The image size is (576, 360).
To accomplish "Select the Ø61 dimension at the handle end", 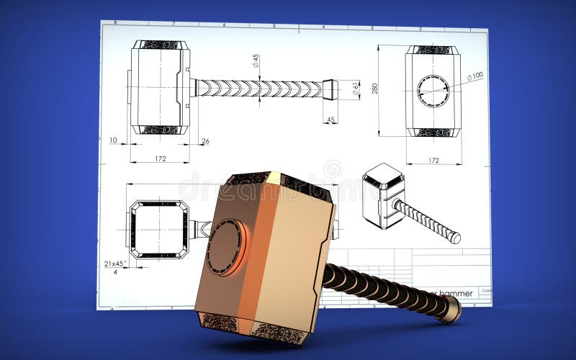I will [355, 89].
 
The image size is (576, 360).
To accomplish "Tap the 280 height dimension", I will [374, 89].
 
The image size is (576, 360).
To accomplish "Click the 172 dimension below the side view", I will [160, 158].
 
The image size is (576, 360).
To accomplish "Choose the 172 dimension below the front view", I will [433, 160].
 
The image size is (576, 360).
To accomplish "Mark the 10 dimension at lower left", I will [113, 140].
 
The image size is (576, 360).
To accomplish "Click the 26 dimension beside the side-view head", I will [205, 141].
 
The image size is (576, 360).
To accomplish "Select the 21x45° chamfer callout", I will [114, 263].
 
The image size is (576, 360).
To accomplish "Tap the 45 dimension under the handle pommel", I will [330, 120].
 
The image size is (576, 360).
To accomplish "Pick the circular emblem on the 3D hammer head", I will [225, 247].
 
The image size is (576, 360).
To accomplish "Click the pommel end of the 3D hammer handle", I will [451, 309].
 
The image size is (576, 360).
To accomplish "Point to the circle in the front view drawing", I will [433, 90].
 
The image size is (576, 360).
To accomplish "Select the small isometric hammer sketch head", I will [382, 194].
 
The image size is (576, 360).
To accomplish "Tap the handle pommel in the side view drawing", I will [330, 89].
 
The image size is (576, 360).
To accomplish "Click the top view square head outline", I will [159, 230].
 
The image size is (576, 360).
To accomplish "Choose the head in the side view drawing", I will [159, 88].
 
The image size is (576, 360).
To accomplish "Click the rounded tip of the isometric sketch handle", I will [455, 237].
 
